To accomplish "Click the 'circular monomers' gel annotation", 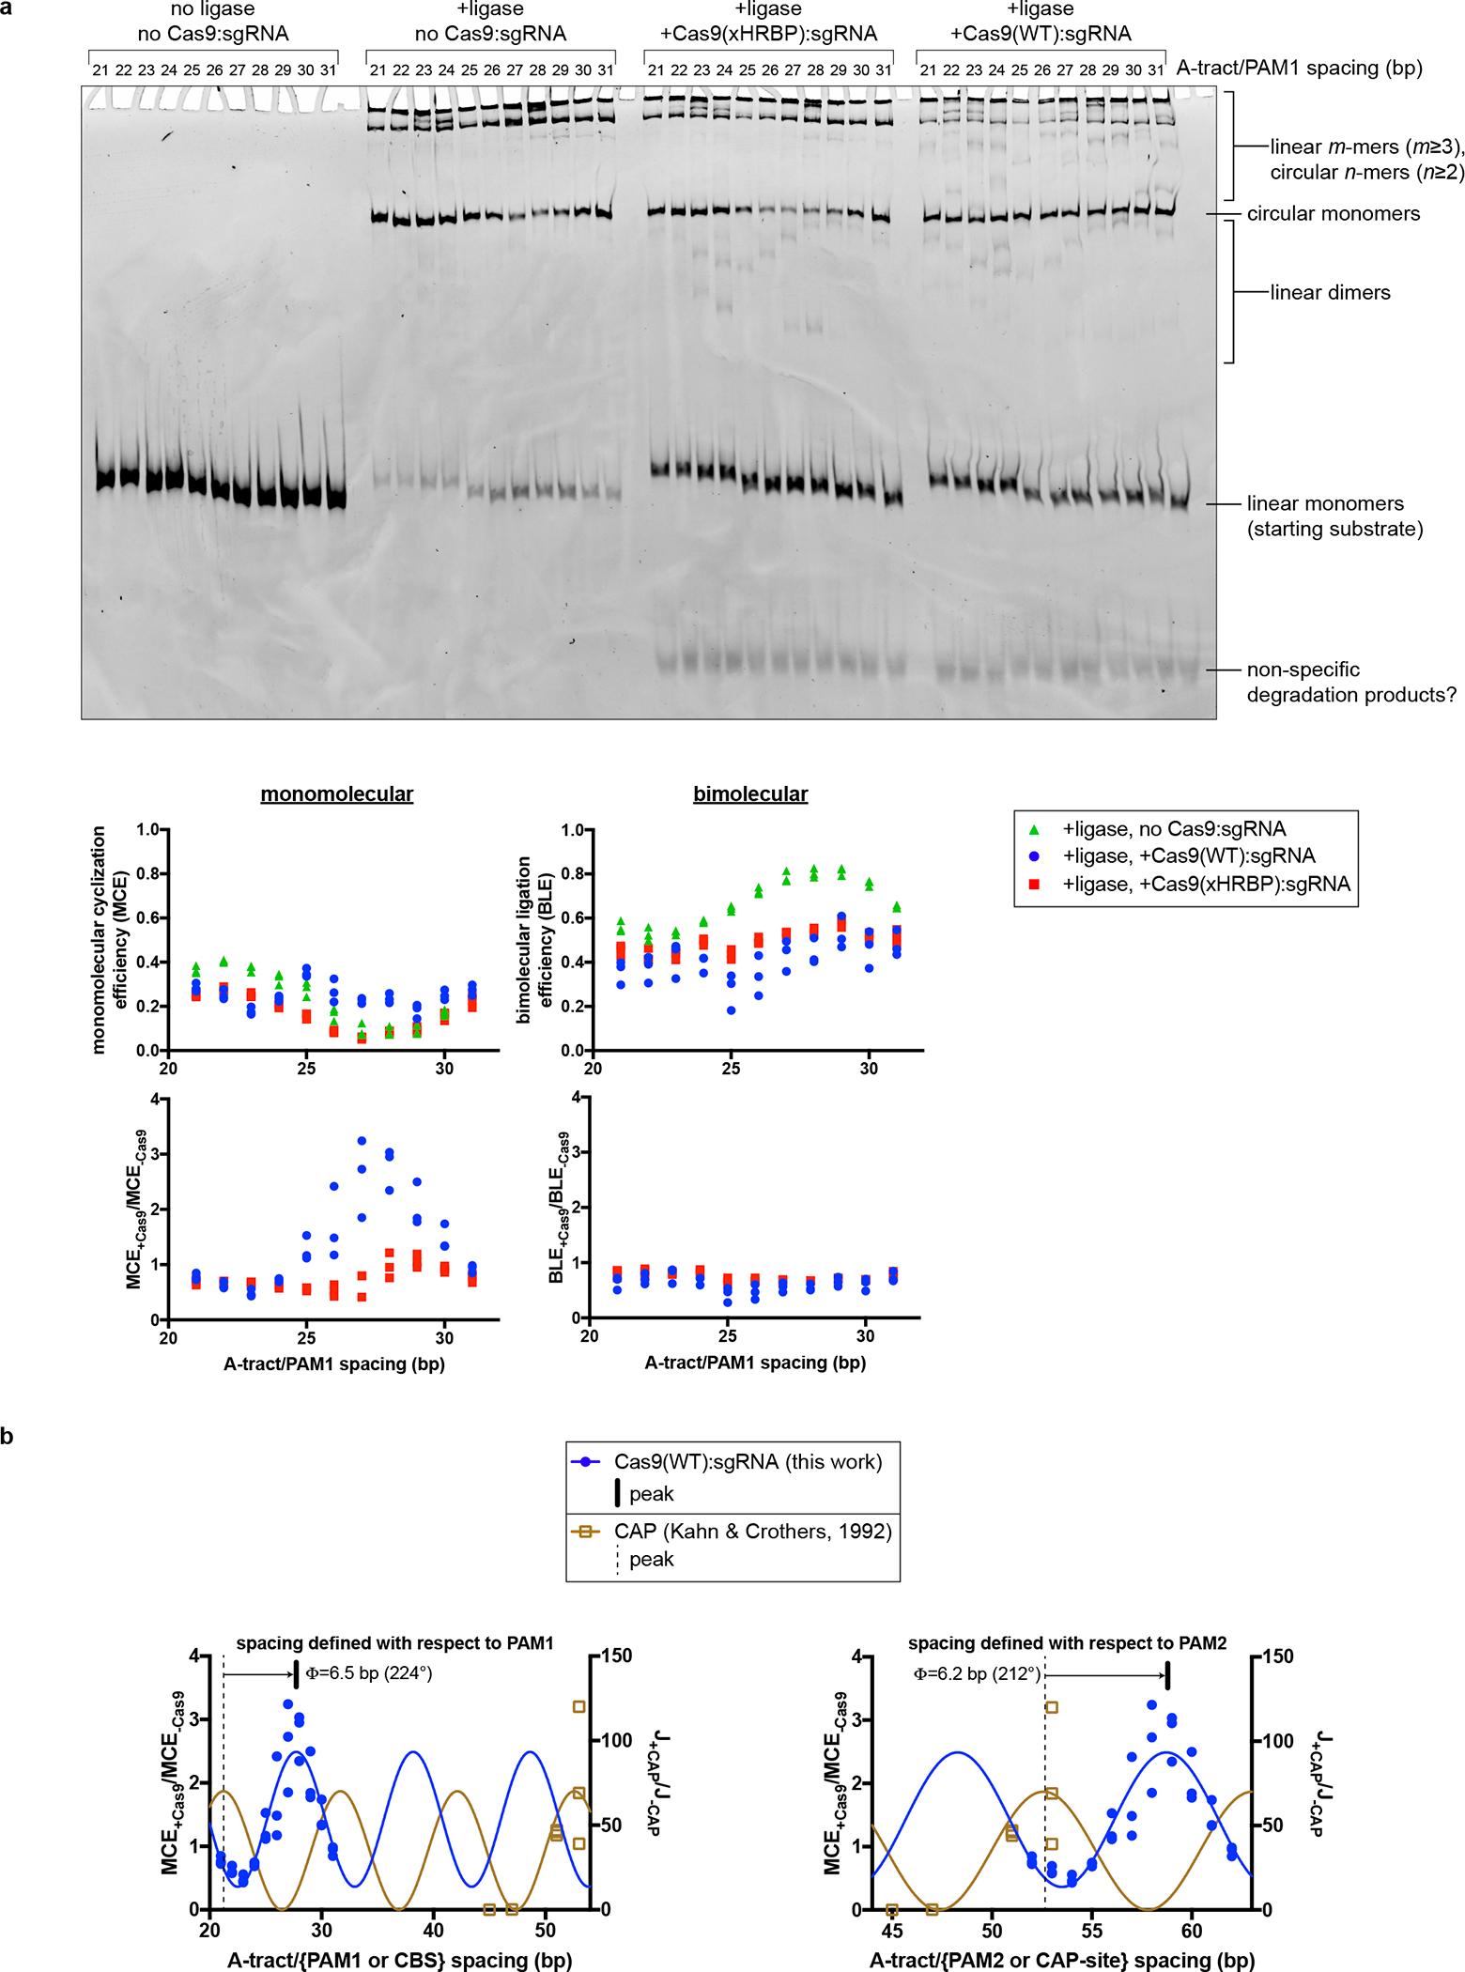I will [x=1333, y=214].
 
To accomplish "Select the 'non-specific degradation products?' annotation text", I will [x=1351, y=683].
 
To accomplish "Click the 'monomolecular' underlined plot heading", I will [x=337, y=794].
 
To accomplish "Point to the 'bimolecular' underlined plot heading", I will [x=749, y=794].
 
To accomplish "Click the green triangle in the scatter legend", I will [x=1035, y=829].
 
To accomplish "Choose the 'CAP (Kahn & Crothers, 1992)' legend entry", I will [x=732, y=1533].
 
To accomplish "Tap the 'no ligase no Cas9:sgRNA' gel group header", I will [x=211, y=23].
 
